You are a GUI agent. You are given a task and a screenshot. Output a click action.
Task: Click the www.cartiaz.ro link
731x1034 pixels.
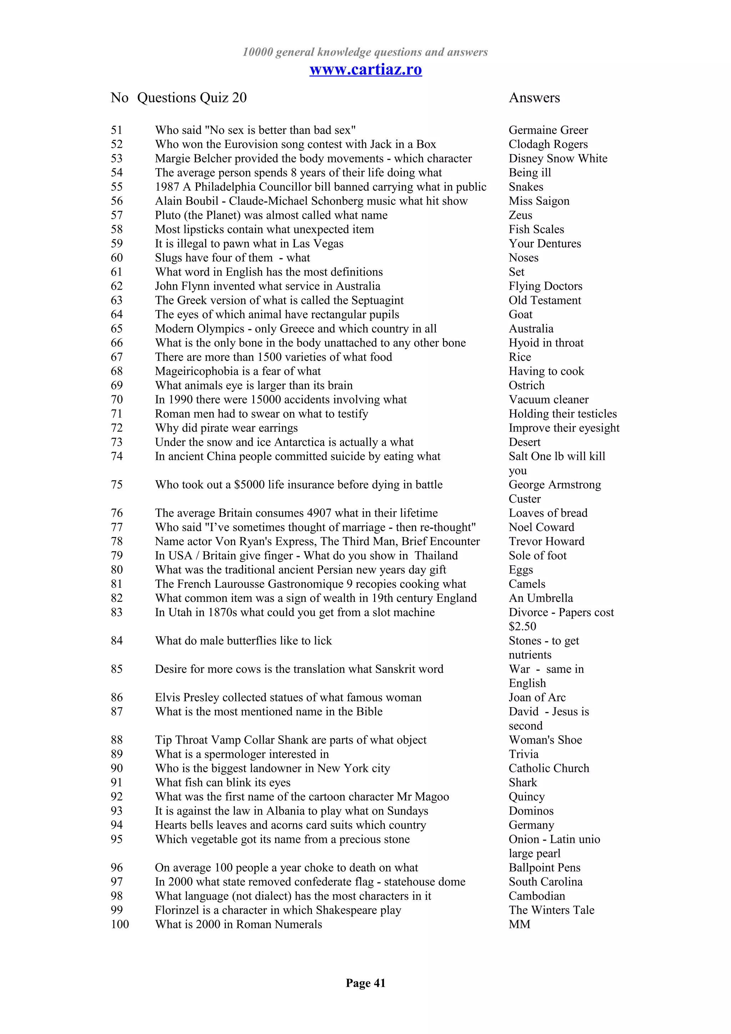click(365, 69)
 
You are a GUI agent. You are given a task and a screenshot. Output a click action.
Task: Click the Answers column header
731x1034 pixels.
click(534, 98)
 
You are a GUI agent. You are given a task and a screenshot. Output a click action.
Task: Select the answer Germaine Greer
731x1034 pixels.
click(548, 130)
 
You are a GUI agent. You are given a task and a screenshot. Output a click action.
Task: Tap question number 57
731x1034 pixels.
click(117, 215)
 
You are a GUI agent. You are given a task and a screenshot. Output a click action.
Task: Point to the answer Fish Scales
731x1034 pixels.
click(536, 229)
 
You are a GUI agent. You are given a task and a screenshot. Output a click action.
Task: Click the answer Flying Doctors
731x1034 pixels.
click(545, 286)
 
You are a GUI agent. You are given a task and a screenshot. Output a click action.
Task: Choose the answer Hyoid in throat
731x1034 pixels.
click(546, 343)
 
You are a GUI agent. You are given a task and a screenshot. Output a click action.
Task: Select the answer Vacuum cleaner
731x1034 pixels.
click(549, 400)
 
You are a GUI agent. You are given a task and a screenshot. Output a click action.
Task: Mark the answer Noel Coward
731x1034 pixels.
click(541, 527)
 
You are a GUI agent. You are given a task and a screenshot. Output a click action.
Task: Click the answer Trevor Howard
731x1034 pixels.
click(546, 541)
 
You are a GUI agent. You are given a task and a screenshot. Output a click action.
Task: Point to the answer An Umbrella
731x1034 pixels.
click(540, 598)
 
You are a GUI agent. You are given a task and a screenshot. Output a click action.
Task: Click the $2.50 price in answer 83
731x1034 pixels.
click(523, 627)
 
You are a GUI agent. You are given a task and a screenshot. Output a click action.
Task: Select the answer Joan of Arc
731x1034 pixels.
click(537, 698)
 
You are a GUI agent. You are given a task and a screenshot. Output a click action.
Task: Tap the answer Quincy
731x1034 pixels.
click(526, 797)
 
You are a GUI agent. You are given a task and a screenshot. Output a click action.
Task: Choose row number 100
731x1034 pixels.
click(120, 924)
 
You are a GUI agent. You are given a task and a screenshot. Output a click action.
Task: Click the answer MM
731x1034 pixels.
click(519, 924)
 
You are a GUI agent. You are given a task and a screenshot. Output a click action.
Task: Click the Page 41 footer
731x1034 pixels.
click(365, 983)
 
